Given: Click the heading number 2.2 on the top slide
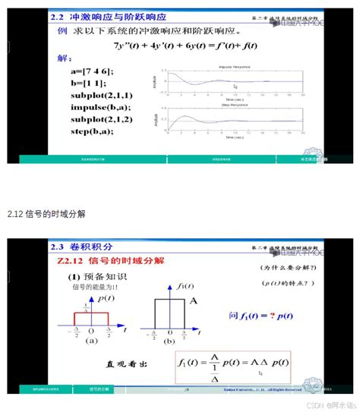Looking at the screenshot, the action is [x=56, y=17].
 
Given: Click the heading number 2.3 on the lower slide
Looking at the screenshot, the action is [x=57, y=247].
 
